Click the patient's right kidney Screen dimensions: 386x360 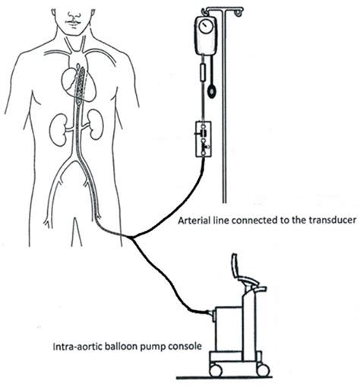58,129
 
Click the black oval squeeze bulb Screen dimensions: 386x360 210,92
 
